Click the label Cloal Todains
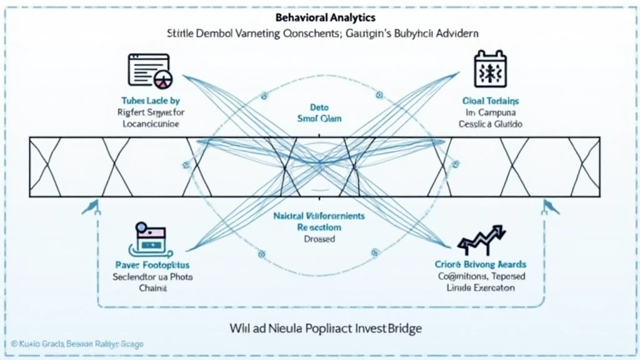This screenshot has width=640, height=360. pyautogui.click(x=491, y=101)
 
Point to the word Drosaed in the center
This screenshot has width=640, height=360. pyautogui.click(x=320, y=239)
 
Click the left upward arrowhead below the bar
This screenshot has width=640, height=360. pyautogui.click(x=92, y=206)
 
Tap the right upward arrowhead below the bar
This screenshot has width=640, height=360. pyautogui.click(x=549, y=206)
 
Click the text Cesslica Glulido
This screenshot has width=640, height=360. pyautogui.click(x=491, y=124)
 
